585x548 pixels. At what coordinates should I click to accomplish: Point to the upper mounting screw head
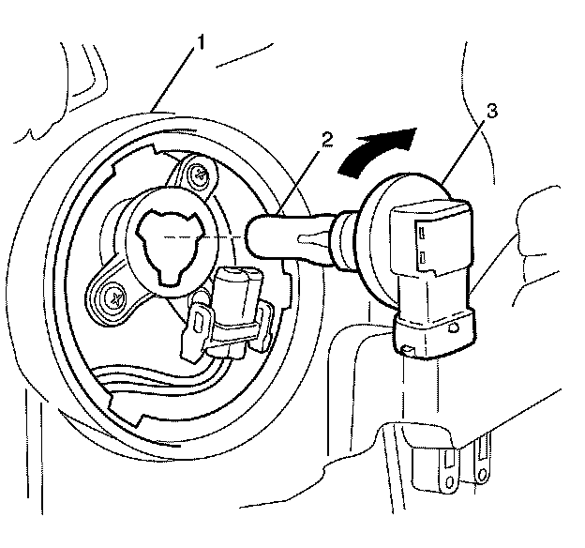tap(197, 172)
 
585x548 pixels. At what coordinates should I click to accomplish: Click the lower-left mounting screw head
tap(115, 297)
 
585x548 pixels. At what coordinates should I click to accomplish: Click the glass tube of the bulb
tap(281, 236)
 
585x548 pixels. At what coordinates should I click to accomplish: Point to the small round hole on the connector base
tap(456, 329)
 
